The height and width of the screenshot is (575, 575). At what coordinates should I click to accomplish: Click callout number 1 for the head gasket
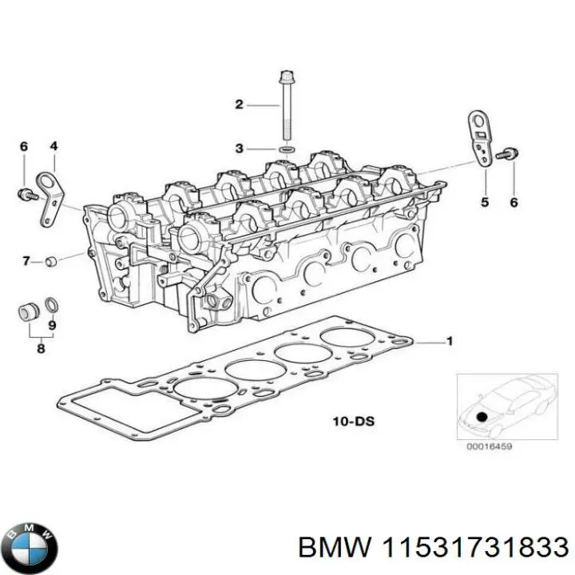(x=449, y=343)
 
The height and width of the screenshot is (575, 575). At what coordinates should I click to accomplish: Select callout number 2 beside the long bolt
(x=238, y=104)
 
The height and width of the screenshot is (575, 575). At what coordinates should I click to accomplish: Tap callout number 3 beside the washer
(x=238, y=149)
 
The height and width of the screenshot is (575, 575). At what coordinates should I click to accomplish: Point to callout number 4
(x=54, y=146)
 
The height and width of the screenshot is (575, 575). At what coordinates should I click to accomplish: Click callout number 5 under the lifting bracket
(x=484, y=203)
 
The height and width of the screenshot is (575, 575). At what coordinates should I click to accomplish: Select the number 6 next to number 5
(x=514, y=203)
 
